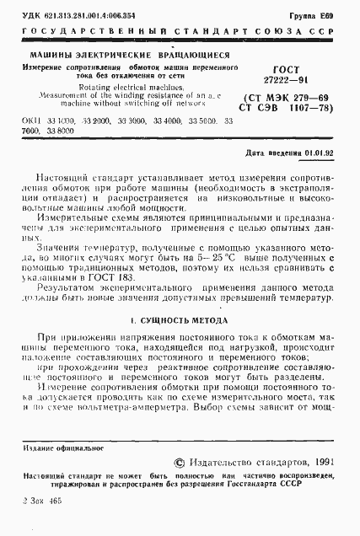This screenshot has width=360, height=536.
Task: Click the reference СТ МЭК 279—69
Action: (288, 99)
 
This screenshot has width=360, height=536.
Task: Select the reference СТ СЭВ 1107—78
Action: (288, 110)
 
